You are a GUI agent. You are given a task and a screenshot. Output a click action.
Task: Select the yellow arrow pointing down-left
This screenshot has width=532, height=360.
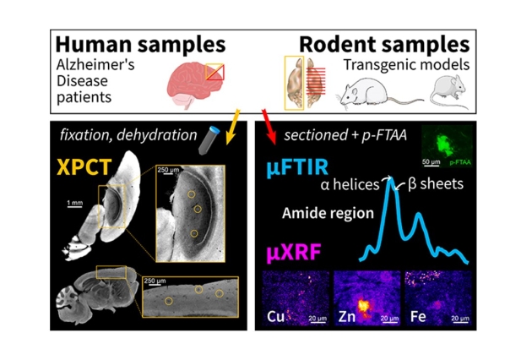236,115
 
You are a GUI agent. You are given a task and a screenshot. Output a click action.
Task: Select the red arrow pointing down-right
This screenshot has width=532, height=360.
267,115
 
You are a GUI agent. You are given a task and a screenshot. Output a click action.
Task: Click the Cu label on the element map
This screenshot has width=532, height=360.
276,318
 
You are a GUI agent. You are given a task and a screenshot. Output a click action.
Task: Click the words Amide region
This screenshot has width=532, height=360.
317,213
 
